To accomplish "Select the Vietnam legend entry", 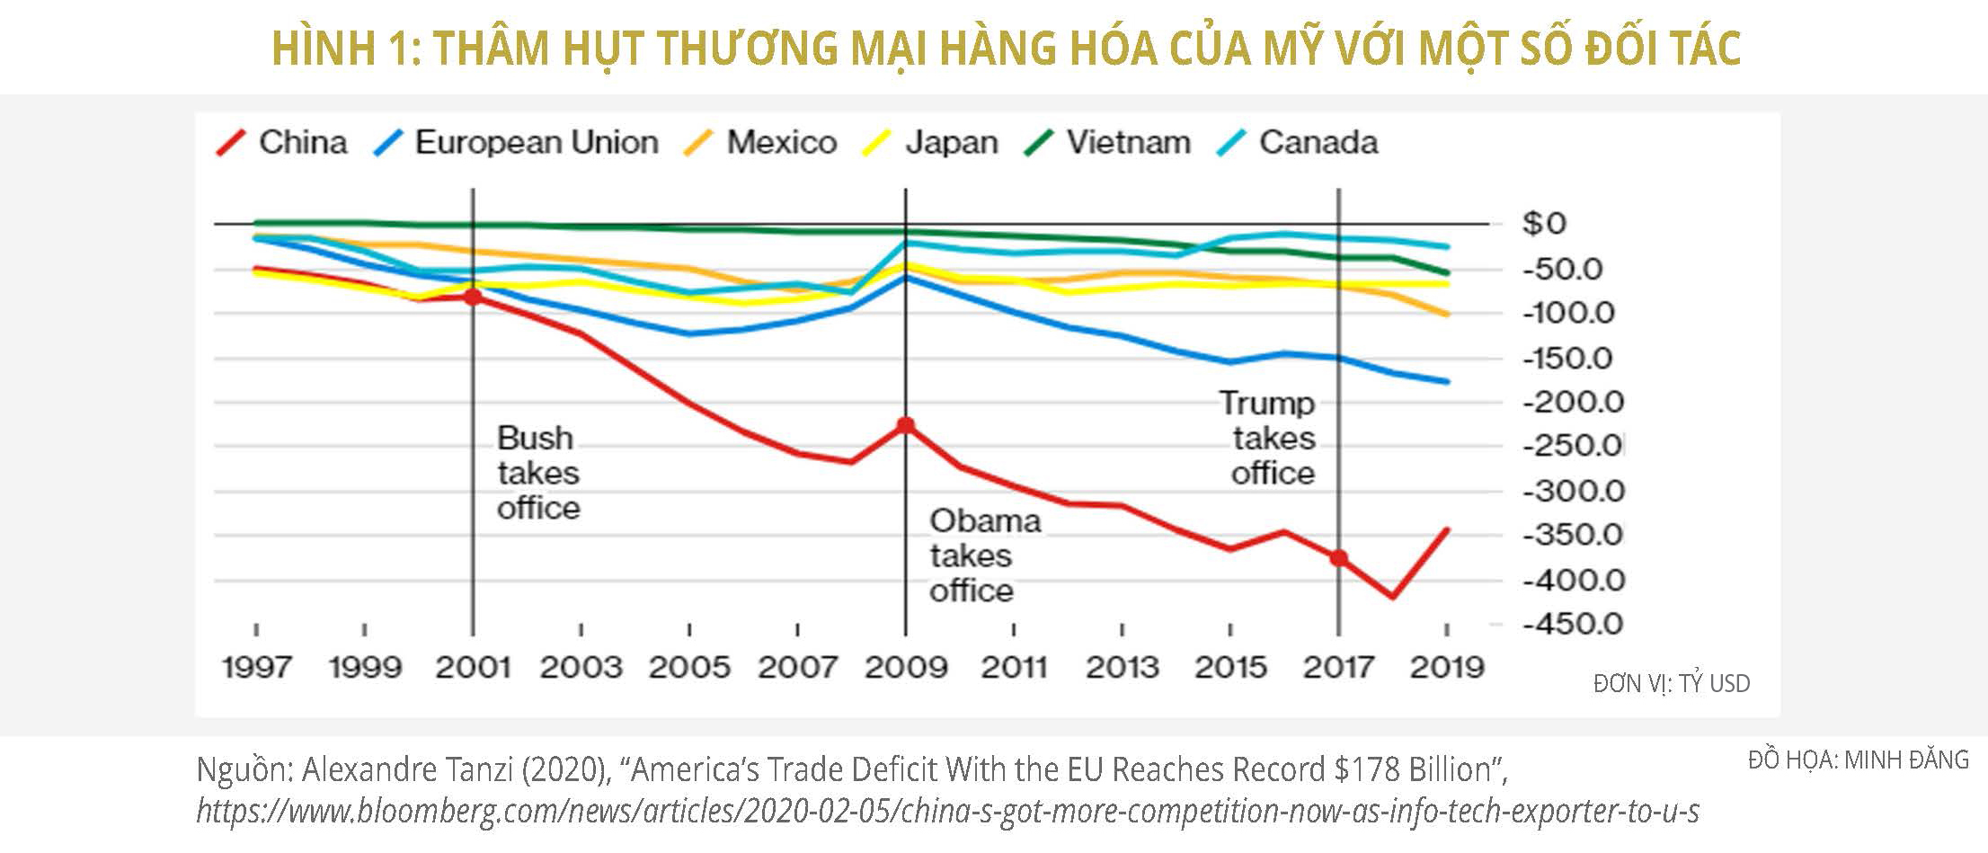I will coord(1108,143).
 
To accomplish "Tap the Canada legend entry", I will coord(1298,143).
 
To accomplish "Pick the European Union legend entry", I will coord(517,143).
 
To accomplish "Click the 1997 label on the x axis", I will coord(257,668).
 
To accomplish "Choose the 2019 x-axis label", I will coord(1447,668).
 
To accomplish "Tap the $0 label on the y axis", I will coord(1544,224).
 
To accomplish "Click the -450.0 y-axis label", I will coord(1573,624).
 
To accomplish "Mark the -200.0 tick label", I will coord(1573,402).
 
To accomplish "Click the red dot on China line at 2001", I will coord(473,296).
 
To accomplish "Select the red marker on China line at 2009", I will coord(906,425).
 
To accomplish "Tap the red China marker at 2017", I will coord(1339,558).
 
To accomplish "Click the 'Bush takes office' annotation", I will coord(538,473).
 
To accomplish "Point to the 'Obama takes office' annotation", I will coord(984,555).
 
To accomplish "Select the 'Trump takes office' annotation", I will coord(1269,438).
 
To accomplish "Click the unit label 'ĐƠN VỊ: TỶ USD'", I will coord(1672,684).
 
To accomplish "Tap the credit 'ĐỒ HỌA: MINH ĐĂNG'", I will coord(1858,760).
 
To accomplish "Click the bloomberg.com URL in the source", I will coord(947,811).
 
